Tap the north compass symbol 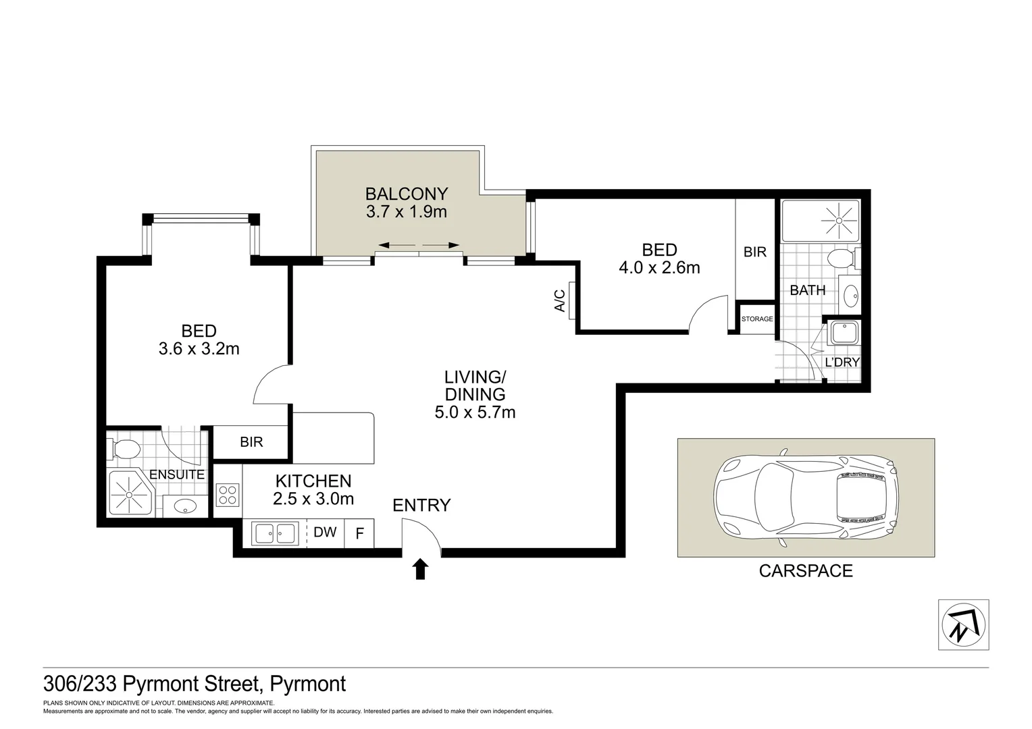[964, 625]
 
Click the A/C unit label [560, 300]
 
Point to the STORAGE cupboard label [756, 319]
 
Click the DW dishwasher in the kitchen [325, 532]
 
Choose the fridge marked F [359, 534]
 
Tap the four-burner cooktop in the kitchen [227, 495]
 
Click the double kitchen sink [275, 534]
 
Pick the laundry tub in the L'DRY [844, 333]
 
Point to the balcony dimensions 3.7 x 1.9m [407, 212]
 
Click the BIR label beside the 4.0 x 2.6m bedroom [754, 252]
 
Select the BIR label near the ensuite [251, 442]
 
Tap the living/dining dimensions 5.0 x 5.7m [475, 412]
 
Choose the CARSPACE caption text [806, 571]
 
